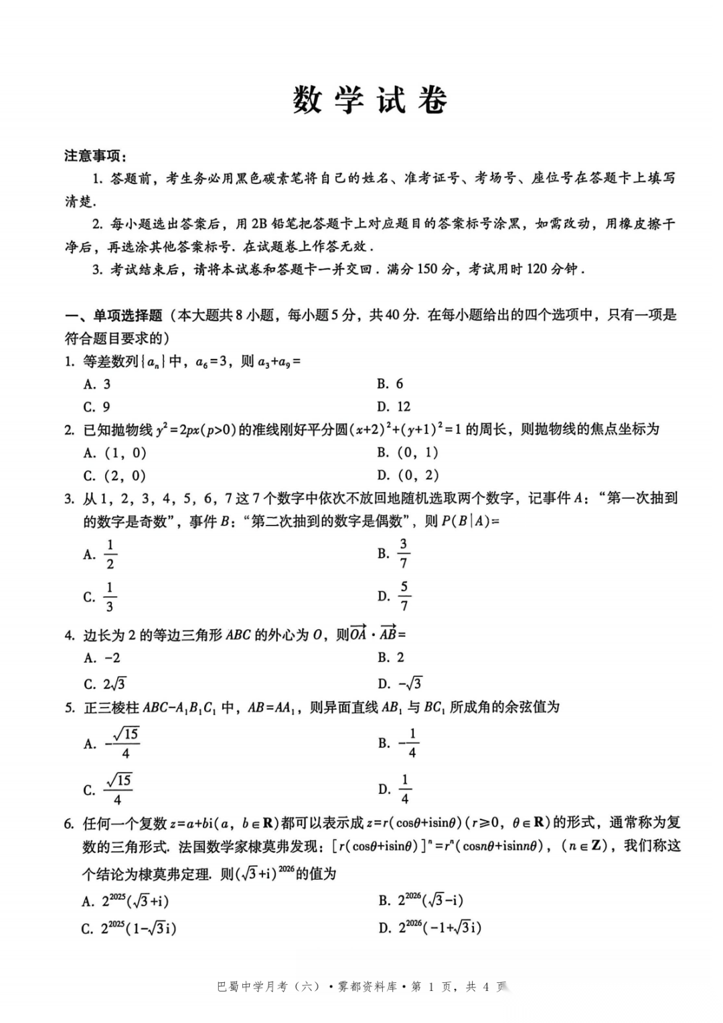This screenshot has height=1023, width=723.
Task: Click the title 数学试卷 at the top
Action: coord(370,100)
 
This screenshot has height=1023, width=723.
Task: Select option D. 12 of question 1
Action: coord(394,406)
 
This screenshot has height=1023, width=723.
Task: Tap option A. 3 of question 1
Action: coord(97,384)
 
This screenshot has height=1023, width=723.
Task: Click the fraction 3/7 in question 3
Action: coord(403,553)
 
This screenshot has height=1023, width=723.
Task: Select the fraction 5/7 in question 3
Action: coord(404,596)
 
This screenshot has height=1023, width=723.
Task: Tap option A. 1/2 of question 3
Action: coord(100,554)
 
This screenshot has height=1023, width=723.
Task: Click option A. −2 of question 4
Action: coord(102,657)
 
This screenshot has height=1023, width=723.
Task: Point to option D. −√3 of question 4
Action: coord(400,684)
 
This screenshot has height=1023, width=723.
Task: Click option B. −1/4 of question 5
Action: coord(398,743)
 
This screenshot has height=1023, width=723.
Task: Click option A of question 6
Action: coord(125,901)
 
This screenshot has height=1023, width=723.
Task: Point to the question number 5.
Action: coord(69,707)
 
